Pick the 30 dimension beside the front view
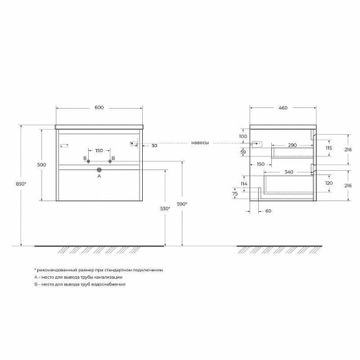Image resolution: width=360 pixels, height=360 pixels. [153, 145]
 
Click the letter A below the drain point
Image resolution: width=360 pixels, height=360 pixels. [99, 176]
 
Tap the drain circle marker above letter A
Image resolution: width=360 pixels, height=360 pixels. [99, 168]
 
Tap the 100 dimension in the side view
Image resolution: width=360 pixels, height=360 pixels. [243, 136]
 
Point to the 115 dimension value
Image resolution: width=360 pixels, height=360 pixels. [327, 149]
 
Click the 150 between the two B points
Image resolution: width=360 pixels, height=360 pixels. [99, 150]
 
